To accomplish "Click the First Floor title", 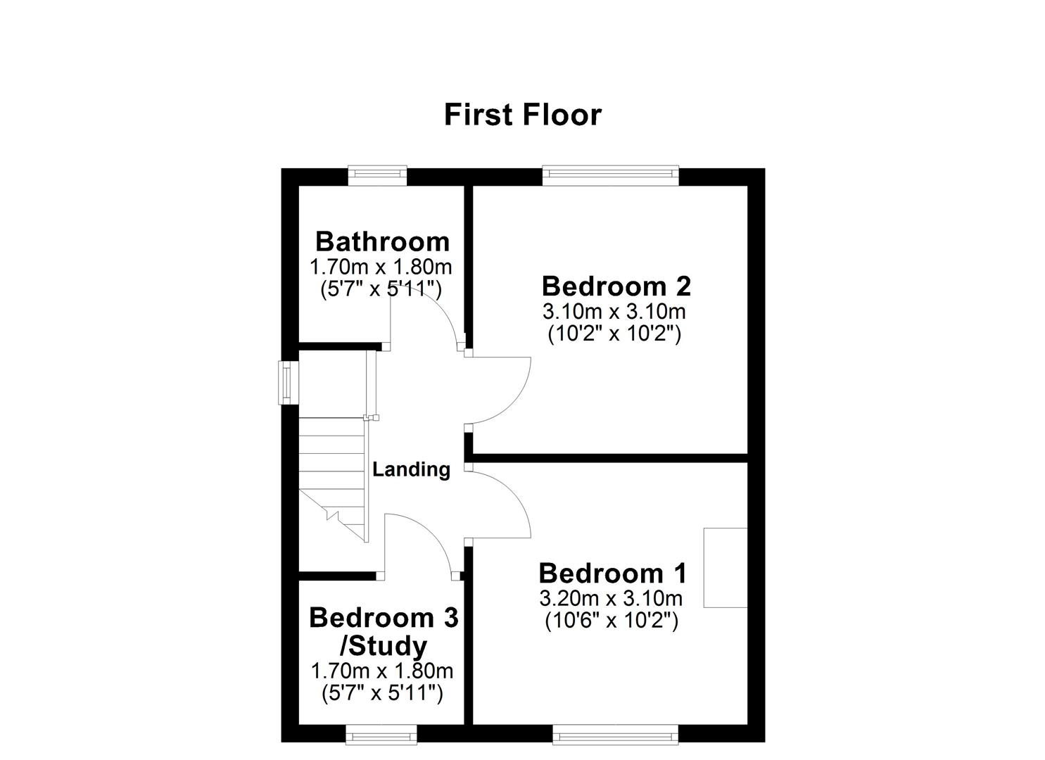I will click(x=522, y=115).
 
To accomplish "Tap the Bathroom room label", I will click(x=382, y=241).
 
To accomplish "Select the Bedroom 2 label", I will click(x=616, y=286).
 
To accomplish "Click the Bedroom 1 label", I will click(x=612, y=574).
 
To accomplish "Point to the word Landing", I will click(x=411, y=469).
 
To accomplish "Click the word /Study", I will click(x=384, y=645).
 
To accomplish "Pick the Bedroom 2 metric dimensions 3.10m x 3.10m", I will click(x=614, y=311).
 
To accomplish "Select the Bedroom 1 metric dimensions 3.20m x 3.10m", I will click(x=611, y=598).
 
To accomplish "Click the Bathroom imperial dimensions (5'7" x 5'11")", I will click(x=381, y=289).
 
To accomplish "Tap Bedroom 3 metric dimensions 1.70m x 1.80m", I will click(x=382, y=671).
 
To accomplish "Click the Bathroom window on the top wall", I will click(x=378, y=175).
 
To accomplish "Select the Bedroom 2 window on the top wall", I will click(x=610, y=175).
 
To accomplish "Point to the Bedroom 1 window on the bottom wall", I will click(x=615, y=735).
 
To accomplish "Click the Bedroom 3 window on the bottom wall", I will click(x=381, y=735).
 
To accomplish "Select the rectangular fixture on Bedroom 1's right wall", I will click(x=726, y=567).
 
